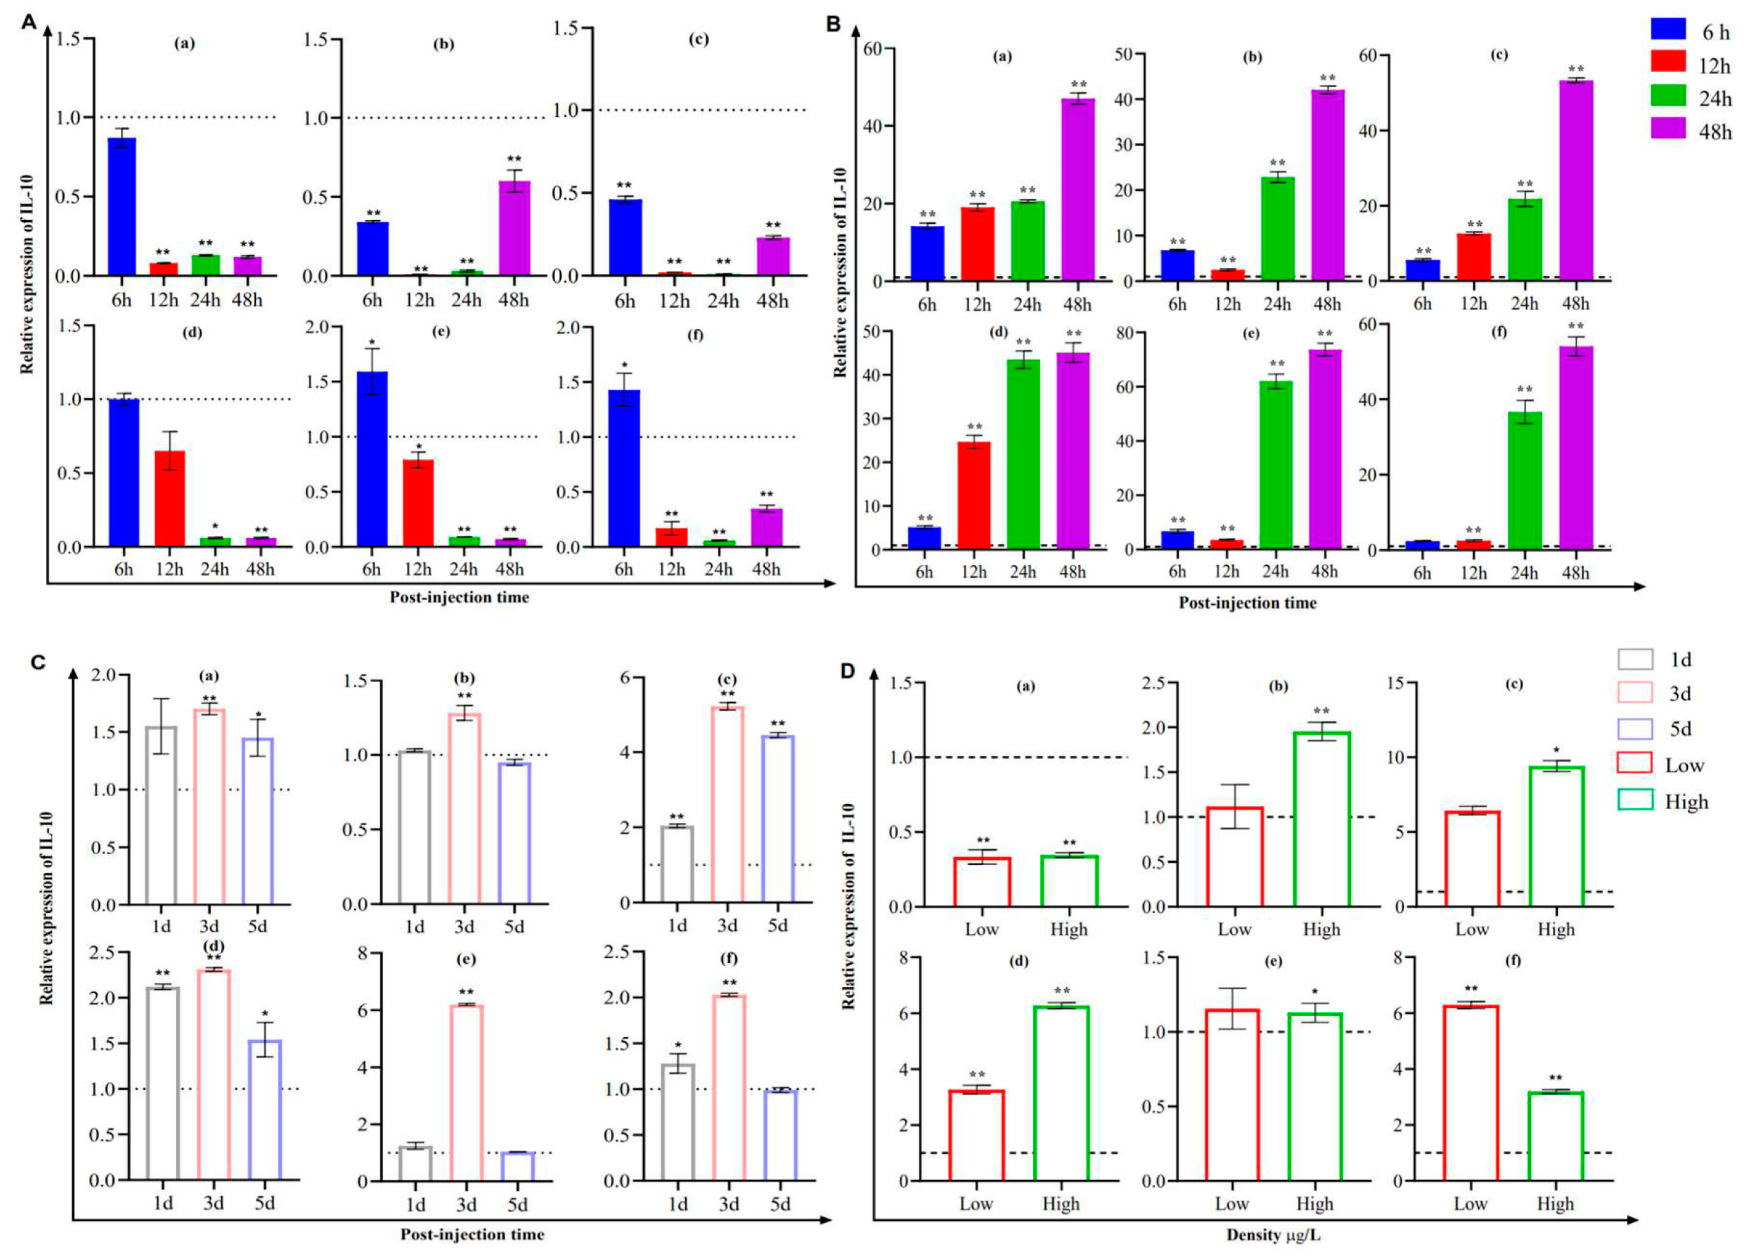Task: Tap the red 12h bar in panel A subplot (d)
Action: [169, 499]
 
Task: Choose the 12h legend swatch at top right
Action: [1668, 60]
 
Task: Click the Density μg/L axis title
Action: [1273, 1235]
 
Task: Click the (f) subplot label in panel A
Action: [695, 335]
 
